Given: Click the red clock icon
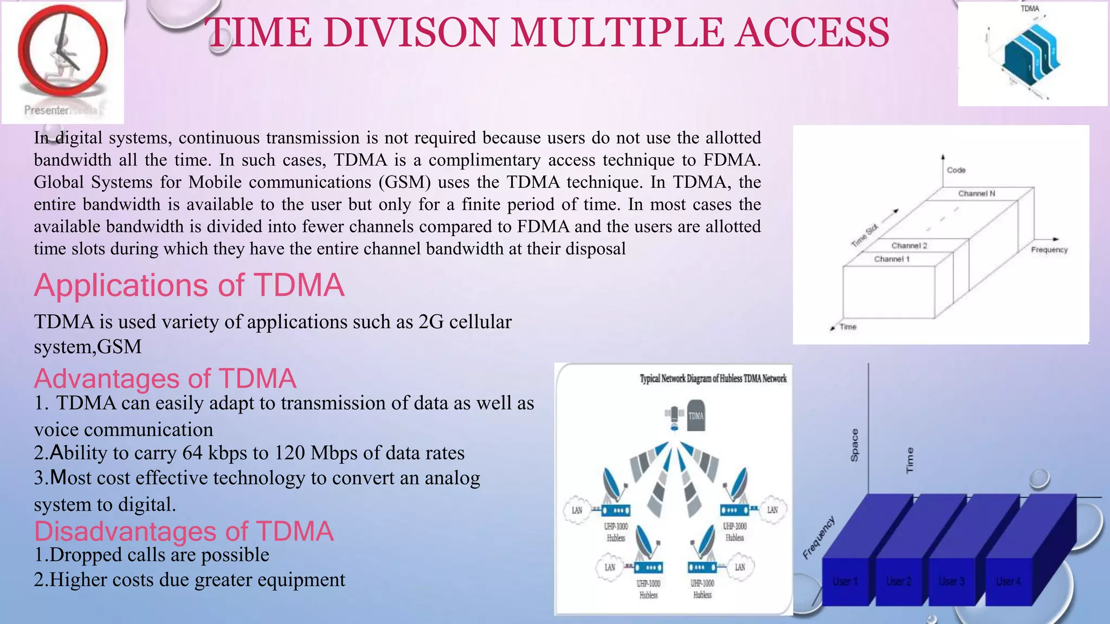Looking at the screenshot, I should (63, 51).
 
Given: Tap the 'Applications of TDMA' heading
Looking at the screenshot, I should (189, 285).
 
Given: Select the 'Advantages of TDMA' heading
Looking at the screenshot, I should (165, 379).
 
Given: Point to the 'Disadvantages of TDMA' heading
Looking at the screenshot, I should (184, 531).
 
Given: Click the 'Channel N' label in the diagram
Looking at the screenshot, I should (976, 193).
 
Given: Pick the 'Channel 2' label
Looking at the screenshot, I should (909, 245).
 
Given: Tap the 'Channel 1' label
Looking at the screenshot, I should (892, 259).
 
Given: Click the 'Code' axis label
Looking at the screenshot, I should (956, 170).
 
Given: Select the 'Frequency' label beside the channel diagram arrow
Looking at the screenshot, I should (1049, 250).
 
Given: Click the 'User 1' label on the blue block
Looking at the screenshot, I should (845, 581).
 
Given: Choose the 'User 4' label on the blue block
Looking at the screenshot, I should (1008, 581).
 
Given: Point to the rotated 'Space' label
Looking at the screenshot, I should (855, 445).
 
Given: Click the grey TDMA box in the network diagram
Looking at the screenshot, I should (696, 416).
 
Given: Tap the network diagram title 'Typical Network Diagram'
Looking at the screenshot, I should (713, 379).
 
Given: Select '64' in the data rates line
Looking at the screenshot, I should (192, 453).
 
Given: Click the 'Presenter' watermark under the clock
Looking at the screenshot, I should (47, 110).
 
